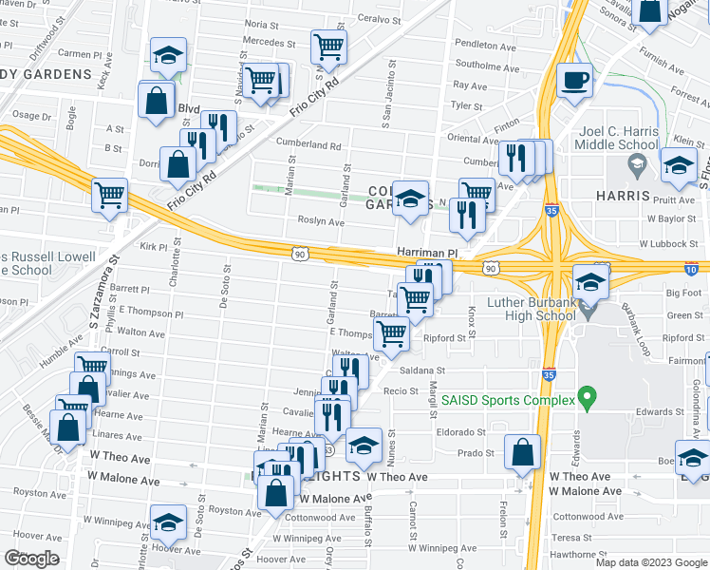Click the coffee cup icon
(574, 79)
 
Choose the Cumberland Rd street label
(308, 145)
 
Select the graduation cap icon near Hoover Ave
(168, 522)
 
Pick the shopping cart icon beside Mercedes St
(328, 46)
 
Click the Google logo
(31, 559)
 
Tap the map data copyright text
(650, 562)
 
